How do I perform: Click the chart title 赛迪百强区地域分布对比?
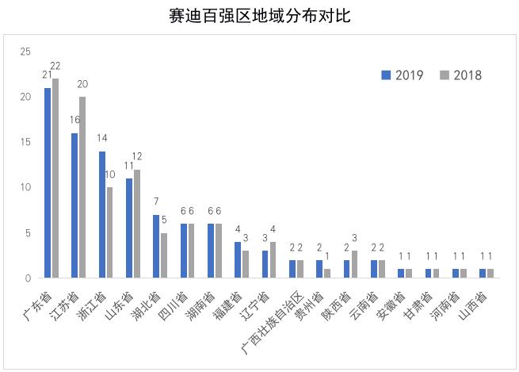(x=259, y=15)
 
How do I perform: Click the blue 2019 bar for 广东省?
(x=48, y=182)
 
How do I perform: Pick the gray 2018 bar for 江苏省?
(x=82, y=187)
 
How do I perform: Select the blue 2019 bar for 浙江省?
(x=102, y=214)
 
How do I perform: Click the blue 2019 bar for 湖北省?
(x=156, y=246)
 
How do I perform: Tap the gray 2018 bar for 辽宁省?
(x=273, y=259)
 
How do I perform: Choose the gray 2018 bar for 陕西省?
(x=354, y=264)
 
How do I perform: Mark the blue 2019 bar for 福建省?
(x=238, y=259)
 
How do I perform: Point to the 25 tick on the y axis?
(x=25, y=52)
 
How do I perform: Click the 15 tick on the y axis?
(x=25, y=142)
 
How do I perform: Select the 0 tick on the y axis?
(x=28, y=278)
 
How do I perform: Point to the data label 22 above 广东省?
(x=55, y=65)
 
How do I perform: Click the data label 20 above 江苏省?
(x=83, y=83)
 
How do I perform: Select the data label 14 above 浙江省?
(x=102, y=137)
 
